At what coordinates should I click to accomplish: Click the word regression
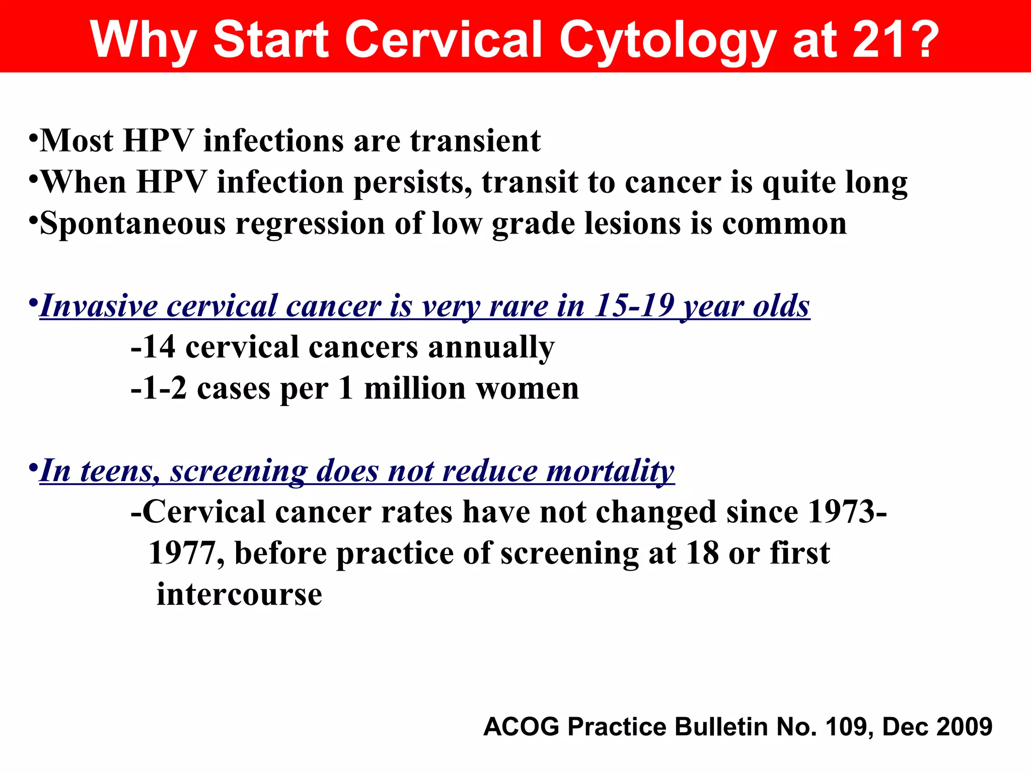(x=310, y=224)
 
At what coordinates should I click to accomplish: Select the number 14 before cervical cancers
(x=159, y=347)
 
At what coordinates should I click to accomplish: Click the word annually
(x=491, y=348)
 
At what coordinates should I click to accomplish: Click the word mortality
(x=610, y=471)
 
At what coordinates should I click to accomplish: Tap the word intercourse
(x=239, y=594)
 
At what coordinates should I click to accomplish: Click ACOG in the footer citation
(x=522, y=727)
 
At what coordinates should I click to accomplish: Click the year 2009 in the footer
(x=965, y=727)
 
